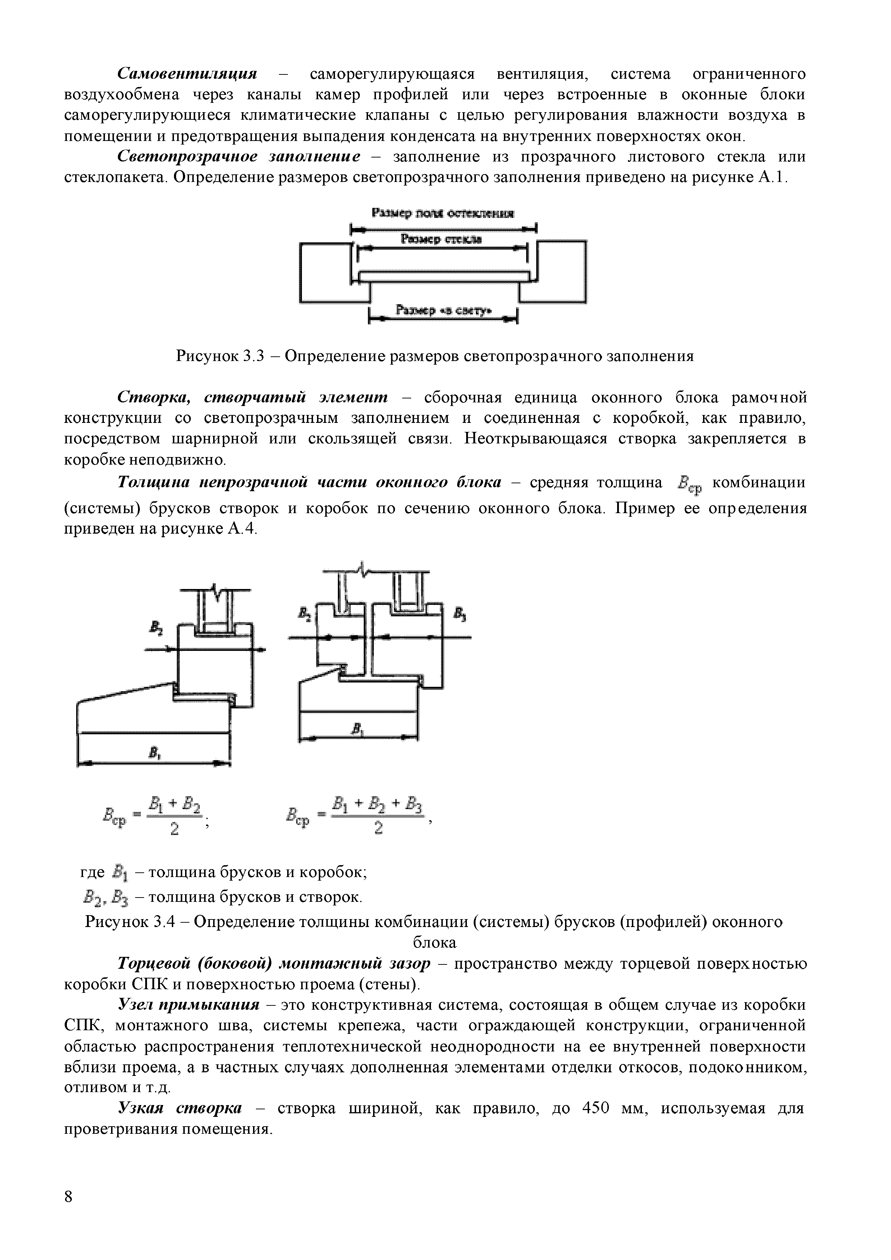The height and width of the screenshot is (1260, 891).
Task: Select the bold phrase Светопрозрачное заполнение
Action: [240, 157]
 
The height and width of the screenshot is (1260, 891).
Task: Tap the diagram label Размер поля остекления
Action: [443, 214]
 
